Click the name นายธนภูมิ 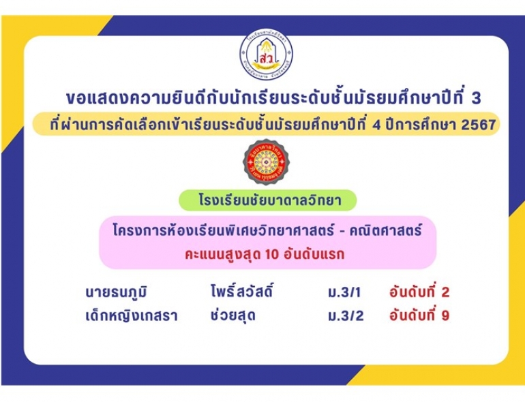tap(116, 293)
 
